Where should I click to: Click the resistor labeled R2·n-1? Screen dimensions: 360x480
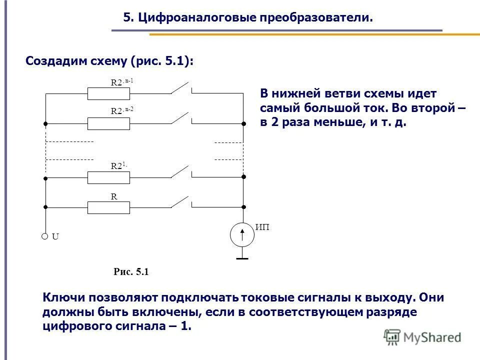pyautogui.click(x=108, y=93)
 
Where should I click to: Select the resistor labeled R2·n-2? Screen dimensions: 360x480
pyautogui.click(x=108, y=123)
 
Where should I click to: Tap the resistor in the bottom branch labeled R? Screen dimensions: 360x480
pyautogui.click(x=108, y=207)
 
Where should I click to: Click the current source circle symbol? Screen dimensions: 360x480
pyautogui.click(x=242, y=234)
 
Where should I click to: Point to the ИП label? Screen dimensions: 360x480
pyautogui.click(x=262, y=228)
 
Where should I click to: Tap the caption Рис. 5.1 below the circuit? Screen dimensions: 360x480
pyautogui.click(x=131, y=272)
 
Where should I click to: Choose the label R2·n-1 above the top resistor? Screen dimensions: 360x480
pyautogui.click(x=122, y=82)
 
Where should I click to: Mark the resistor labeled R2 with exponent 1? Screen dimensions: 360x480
pyautogui.click(x=108, y=177)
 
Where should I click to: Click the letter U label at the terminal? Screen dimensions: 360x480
pyautogui.click(x=55, y=237)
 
